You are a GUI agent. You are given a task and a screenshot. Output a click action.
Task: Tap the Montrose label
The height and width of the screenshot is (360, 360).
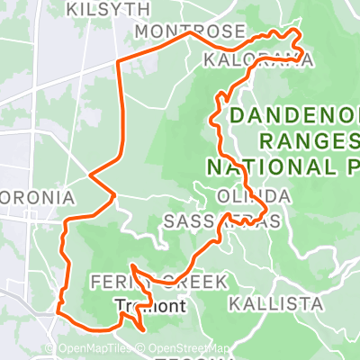pyautogui.click(x=188, y=32)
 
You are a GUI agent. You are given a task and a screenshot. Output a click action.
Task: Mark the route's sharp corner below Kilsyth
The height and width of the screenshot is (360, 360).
pyautogui.click(x=121, y=60)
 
